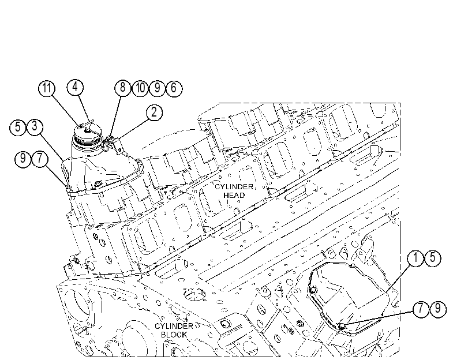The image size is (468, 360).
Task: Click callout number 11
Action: pos(47,88)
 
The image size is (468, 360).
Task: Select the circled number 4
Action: pos(75,87)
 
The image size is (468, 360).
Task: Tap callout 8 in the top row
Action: pos(123,88)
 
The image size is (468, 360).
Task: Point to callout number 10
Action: pos(140,88)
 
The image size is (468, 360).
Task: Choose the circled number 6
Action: pos(174,88)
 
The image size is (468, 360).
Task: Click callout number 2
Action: pos(154,112)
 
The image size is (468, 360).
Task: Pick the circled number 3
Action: pos(35,126)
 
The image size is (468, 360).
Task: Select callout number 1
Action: pos(415,258)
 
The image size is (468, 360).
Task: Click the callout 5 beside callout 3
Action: pos(18,127)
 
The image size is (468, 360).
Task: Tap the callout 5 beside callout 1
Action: pos(432,258)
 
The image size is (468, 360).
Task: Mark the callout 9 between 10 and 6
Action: pos(157,88)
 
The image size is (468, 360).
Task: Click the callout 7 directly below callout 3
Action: pos(40,159)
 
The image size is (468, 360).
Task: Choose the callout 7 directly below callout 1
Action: pos(421,308)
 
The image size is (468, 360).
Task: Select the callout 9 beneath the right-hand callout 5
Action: pos(438,308)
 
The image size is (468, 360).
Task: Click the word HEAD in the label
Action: pos(234,195)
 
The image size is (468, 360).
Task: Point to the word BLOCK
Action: pos(174,335)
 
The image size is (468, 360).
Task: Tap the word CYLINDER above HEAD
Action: pos(234,187)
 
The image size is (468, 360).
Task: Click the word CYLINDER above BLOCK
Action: pos(174,326)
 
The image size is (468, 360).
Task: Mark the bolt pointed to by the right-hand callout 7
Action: pos(342,327)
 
